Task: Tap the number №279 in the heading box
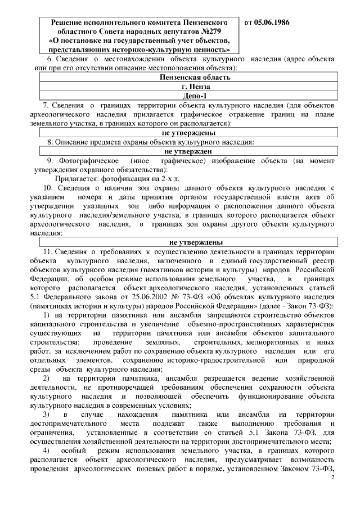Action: click(x=207, y=32)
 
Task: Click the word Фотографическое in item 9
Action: click(x=82, y=160)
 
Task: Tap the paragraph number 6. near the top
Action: click(x=49, y=59)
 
